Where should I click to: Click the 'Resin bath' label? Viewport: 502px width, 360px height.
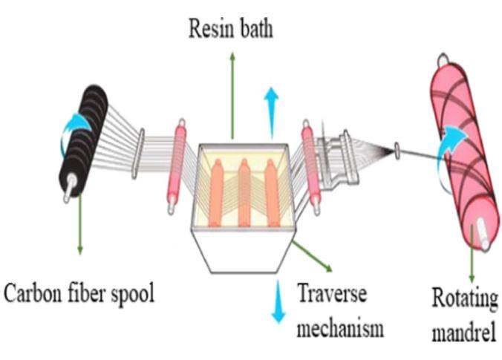tap(232, 30)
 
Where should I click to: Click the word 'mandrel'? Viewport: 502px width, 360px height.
tap(463, 332)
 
